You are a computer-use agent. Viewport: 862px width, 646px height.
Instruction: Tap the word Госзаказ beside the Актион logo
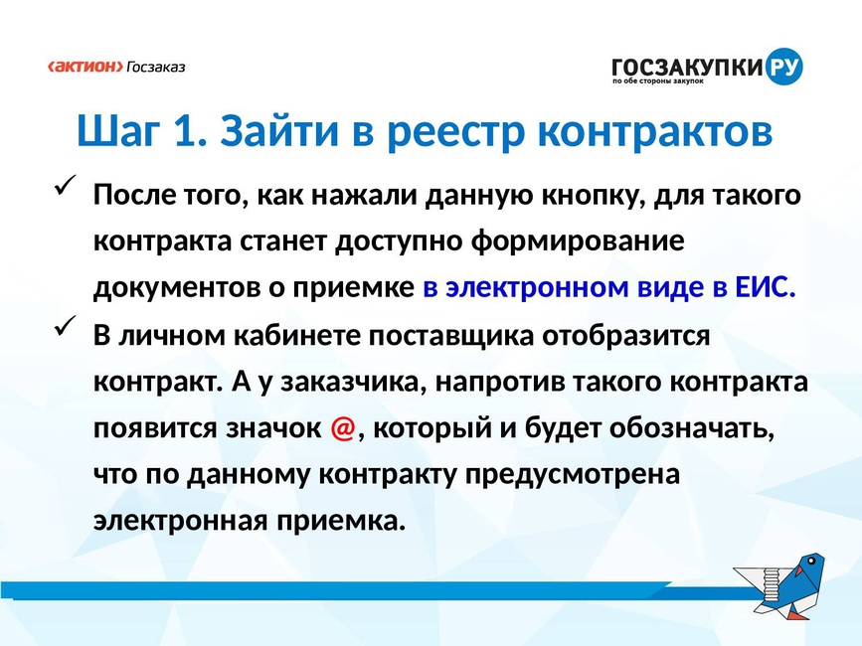pyautogui.click(x=156, y=67)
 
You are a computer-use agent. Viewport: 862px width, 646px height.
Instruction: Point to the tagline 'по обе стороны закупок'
pyautogui.click(x=658, y=81)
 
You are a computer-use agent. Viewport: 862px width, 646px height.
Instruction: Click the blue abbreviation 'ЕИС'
pyautogui.click(x=762, y=287)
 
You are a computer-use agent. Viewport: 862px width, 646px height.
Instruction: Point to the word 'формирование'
pyautogui.click(x=578, y=242)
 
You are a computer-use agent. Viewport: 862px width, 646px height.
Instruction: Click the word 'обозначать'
pyautogui.click(x=691, y=428)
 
